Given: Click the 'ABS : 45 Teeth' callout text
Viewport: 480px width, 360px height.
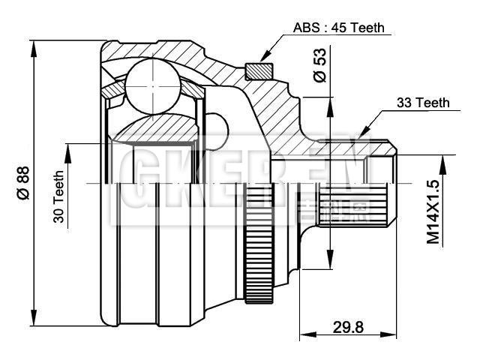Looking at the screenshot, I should pos(337,28).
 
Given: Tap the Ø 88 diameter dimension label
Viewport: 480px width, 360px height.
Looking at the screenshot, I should pos(22,182).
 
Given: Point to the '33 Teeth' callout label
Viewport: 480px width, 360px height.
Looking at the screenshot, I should pos(422,103).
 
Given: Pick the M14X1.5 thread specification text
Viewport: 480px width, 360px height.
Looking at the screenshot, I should pos(433,211).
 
